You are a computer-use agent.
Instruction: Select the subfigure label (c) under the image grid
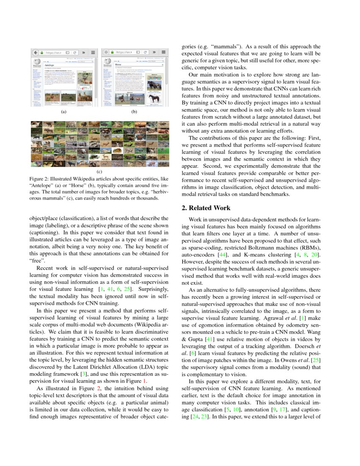pos(100,172)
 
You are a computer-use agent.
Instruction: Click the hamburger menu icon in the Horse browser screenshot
pos(163,53)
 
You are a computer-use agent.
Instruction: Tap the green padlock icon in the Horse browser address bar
pos(112,53)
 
